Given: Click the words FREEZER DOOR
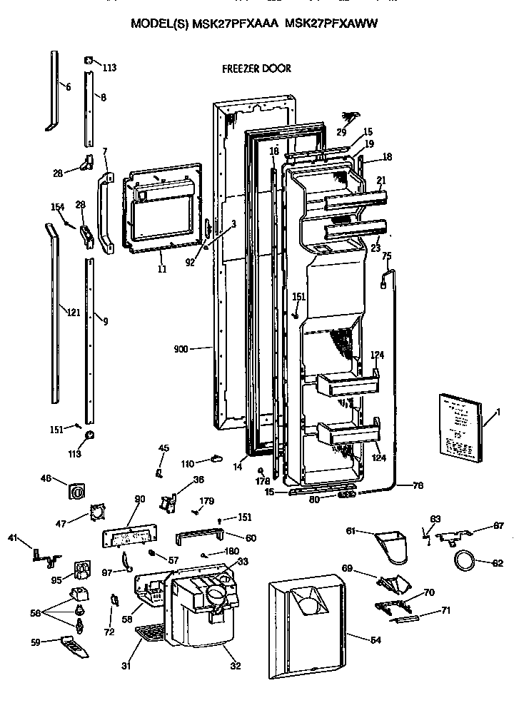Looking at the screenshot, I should tap(256, 69).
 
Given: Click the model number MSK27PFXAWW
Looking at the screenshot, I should tap(331, 23).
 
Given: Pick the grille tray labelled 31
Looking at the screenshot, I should tap(152, 631).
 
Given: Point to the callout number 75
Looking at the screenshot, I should tap(386, 256).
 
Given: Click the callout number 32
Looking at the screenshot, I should tap(235, 666).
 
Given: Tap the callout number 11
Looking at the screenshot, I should tap(161, 269).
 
